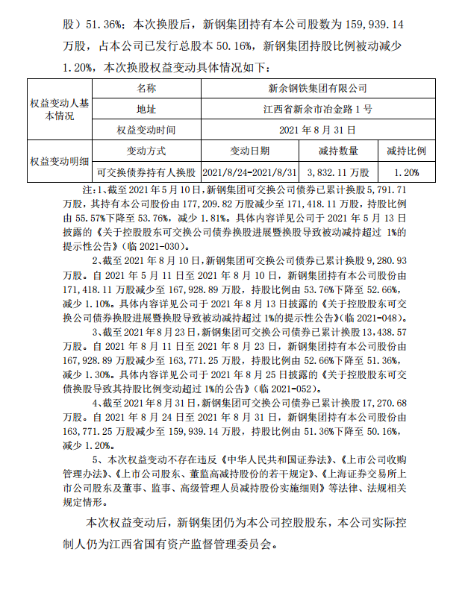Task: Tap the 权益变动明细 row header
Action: click(60, 160)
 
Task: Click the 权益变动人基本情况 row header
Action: click(60, 109)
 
